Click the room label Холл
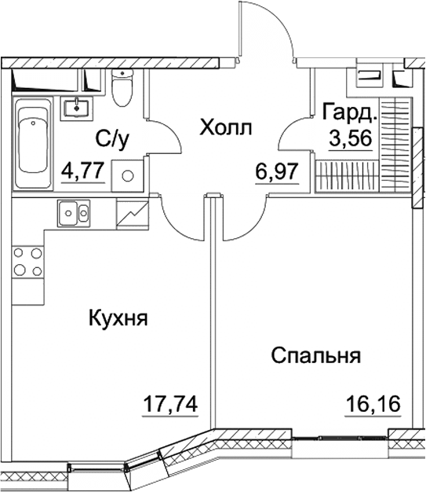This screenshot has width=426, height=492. [x=226, y=127]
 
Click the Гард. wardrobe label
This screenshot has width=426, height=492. [x=350, y=112]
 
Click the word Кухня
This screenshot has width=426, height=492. [x=118, y=319]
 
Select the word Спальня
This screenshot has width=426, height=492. [x=315, y=355]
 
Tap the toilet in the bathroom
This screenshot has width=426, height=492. [x=121, y=88]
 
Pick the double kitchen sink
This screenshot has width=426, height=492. [x=73, y=211]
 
